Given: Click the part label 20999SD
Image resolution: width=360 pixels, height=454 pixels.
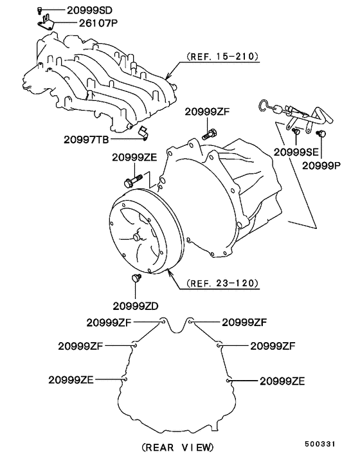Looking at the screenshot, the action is (89, 10).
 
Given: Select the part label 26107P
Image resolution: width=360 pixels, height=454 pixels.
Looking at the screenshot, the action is (99, 23).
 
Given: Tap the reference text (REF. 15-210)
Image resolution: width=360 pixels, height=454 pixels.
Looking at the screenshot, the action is (222, 56).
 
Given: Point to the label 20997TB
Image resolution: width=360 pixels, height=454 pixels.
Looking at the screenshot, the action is (86, 140).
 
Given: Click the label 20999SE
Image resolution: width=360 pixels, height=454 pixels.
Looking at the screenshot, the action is (296, 152).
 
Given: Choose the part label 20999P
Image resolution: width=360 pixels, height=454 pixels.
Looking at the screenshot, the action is (321, 166).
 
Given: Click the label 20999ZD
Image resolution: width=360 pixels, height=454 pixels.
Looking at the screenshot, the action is (136, 306).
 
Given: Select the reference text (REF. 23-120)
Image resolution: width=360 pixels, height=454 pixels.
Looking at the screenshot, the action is (222, 283).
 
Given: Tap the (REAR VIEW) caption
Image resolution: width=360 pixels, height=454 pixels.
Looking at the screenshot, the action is (178, 447).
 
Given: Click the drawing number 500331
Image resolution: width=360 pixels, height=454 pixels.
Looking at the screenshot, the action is (319, 444).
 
